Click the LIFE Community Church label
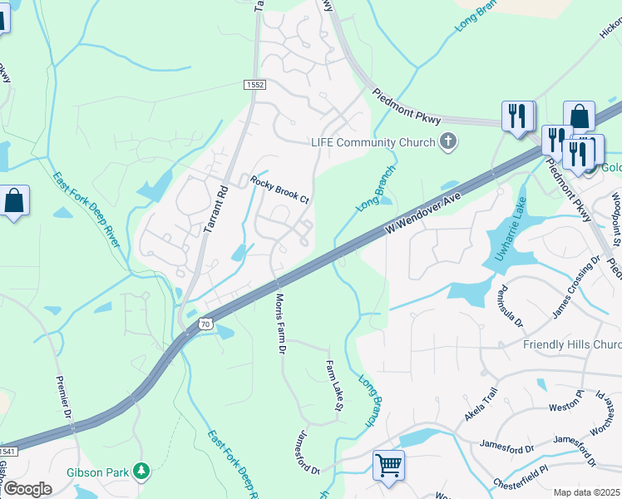pos(373,142)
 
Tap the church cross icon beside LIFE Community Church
pos(448,141)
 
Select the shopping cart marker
pos(388,466)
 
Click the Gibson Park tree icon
pos(142,472)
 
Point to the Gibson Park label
pos(98,472)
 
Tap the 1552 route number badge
pos(254,85)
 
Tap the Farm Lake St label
pos(334,385)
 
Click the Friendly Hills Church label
pos(572,344)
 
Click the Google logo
pos(27,489)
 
